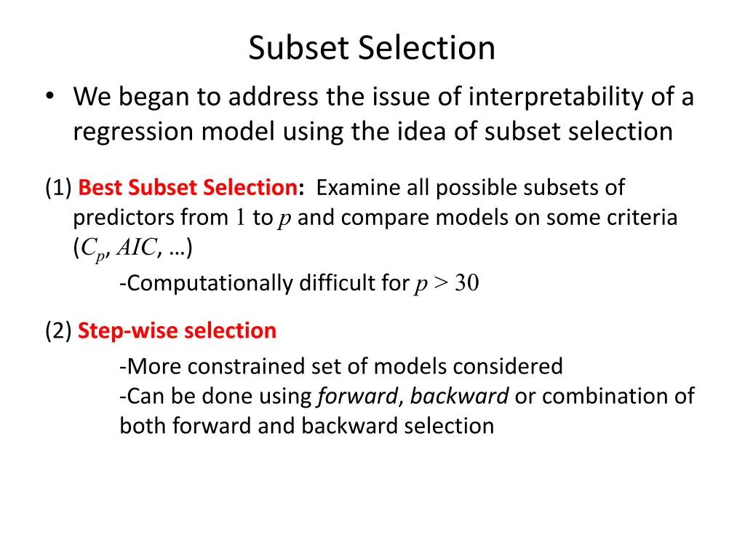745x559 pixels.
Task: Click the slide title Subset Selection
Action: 372,49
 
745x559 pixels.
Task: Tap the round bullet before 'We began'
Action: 48,98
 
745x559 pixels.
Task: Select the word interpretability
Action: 555,97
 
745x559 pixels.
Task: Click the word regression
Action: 133,132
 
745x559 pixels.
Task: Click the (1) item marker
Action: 57,188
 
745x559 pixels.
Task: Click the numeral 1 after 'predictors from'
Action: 242,218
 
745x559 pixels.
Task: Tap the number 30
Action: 467,283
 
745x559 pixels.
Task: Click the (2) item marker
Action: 57,330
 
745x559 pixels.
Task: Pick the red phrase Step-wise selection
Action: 177,330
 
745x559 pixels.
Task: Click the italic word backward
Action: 459,396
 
